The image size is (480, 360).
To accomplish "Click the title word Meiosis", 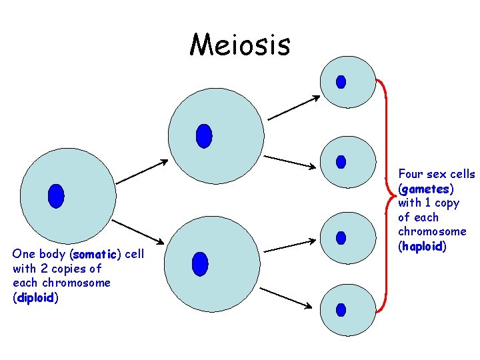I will pos(240,45).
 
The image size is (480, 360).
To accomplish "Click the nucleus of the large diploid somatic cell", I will pos(56,195).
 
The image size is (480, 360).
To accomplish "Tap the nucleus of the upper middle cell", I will pos(204,135).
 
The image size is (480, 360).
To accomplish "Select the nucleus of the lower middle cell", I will pos(199,263).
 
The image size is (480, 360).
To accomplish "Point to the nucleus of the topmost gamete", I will pos(341,81).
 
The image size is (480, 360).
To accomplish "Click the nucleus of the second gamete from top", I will pos(341,161).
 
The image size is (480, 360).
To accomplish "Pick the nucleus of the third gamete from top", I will pos(341,237).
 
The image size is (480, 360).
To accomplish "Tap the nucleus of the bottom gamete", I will pos(341,310).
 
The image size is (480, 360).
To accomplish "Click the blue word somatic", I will pos(96,254).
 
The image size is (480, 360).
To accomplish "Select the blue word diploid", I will pos(35,298).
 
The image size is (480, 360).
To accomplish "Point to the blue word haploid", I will pos(422,246).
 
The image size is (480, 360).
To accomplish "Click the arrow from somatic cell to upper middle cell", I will pos(141,171).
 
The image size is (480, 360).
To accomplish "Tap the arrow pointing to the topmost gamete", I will pos(294,107).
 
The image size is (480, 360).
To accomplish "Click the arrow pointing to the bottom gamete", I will pos(285,298).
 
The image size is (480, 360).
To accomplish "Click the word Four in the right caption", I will pos(411,174).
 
